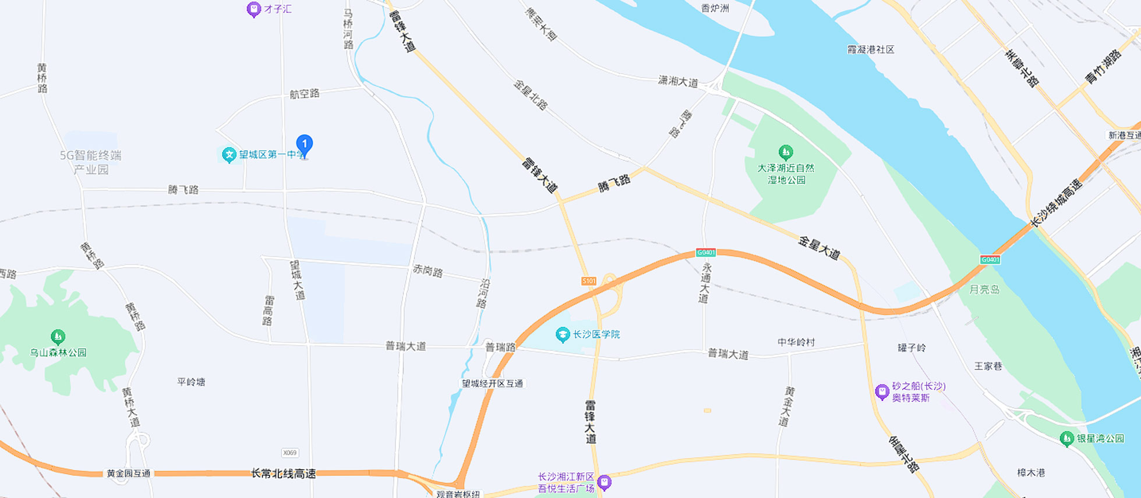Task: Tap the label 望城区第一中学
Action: click(x=271, y=155)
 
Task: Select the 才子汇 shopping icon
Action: click(x=253, y=9)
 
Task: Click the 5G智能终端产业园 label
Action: click(x=90, y=162)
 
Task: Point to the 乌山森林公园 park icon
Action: click(x=57, y=337)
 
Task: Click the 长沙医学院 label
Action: click(x=596, y=335)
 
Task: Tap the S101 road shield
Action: click(x=589, y=281)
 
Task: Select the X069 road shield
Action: click(x=289, y=453)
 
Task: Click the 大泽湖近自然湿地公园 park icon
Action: click(x=785, y=152)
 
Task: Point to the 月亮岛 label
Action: click(x=984, y=289)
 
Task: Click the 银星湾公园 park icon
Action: click(x=1066, y=439)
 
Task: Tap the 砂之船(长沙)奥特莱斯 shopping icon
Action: click(x=882, y=392)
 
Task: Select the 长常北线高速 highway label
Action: click(x=283, y=474)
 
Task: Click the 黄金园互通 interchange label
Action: click(x=128, y=474)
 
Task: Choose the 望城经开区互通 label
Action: click(x=492, y=383)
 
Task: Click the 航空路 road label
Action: click(x=304, y=94)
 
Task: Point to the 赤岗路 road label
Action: click(x=428, y=271)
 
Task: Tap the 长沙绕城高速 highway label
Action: click(x=1055, y=203)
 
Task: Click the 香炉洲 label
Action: click(x=715, y=8)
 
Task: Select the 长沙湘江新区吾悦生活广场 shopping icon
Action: click(x=605, y=482)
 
